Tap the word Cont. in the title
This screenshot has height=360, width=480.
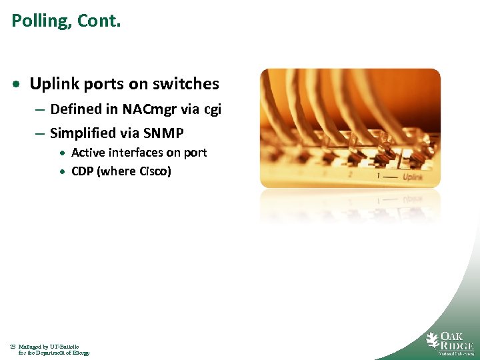click(99, 21)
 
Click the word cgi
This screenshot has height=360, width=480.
click(212, 109)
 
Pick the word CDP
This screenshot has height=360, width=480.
click(83, 171)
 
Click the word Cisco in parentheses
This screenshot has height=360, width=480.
click(154, 171)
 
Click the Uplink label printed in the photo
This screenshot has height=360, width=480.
click(413, 177)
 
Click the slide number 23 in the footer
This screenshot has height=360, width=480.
click(13, 347)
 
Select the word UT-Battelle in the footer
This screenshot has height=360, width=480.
click(66, 347)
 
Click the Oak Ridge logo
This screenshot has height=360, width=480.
click(450, 343)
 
